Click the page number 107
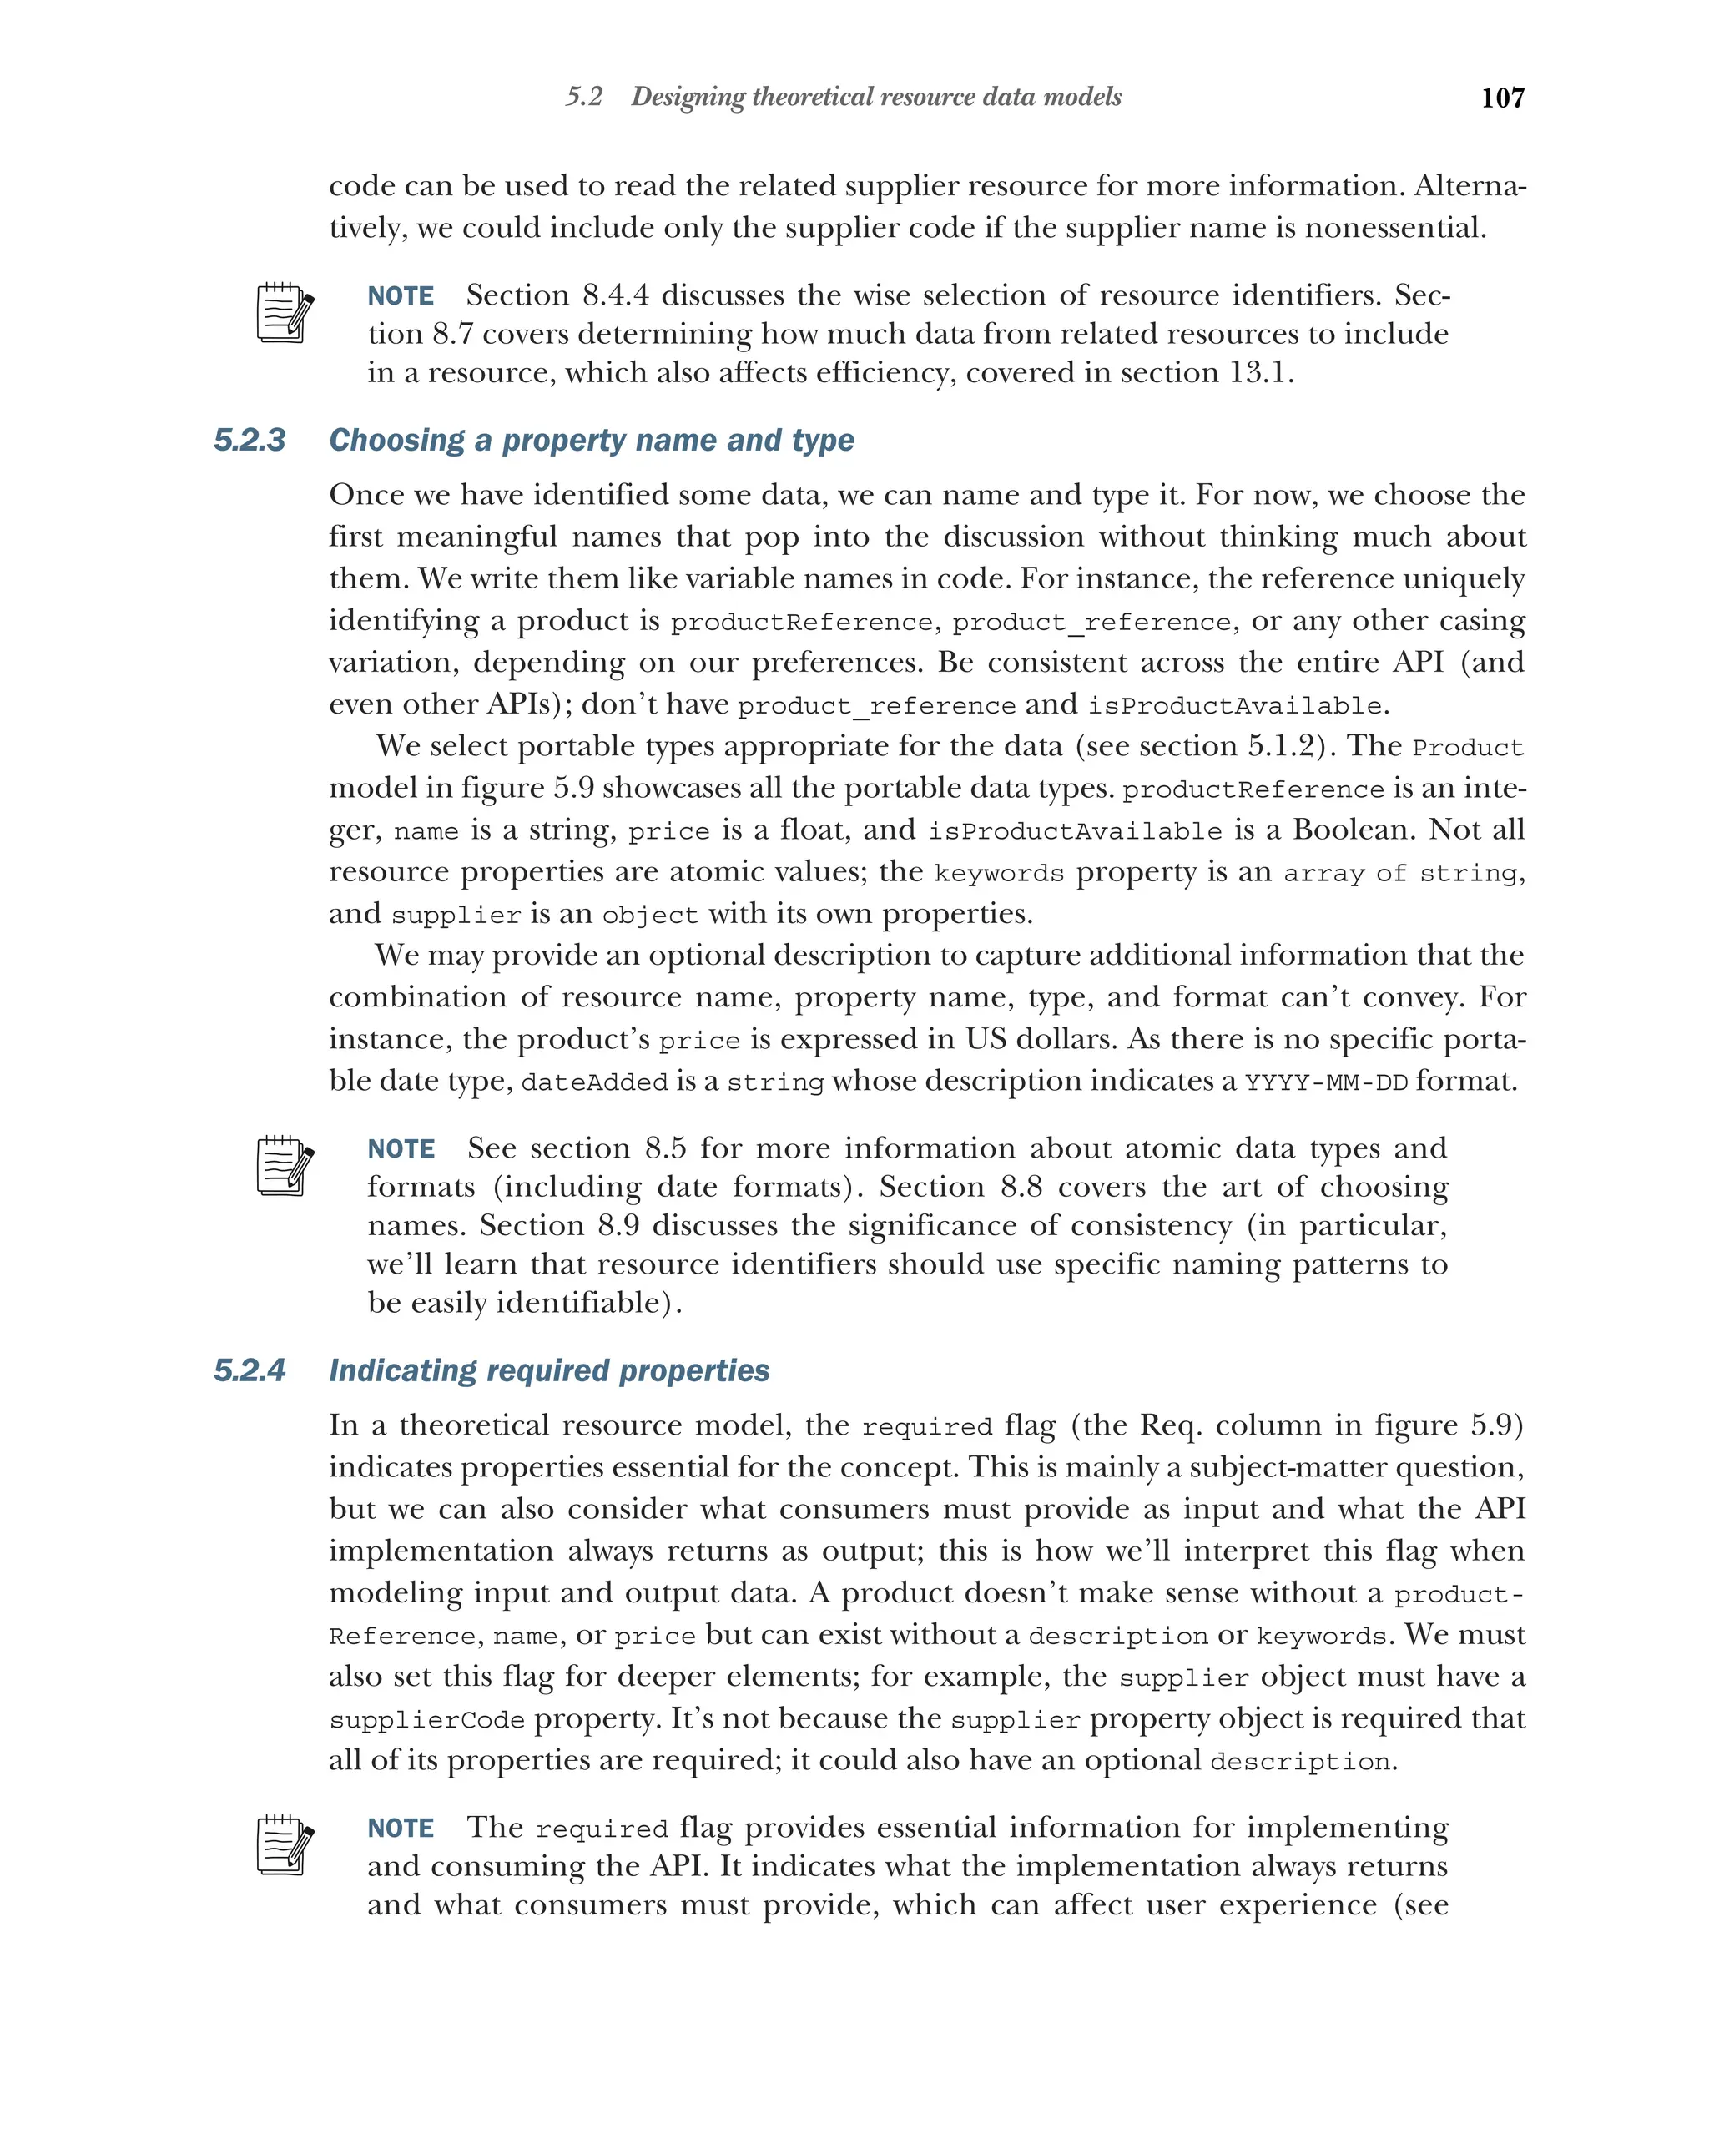(1501, 98)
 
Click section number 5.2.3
(250, 440)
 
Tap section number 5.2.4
(250, 1370)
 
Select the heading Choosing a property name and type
(592, 440)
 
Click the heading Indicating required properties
(549, 1370)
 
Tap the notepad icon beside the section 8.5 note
(285, 1166)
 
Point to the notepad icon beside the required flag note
(285, 1846)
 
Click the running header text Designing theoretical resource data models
(876, 98)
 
